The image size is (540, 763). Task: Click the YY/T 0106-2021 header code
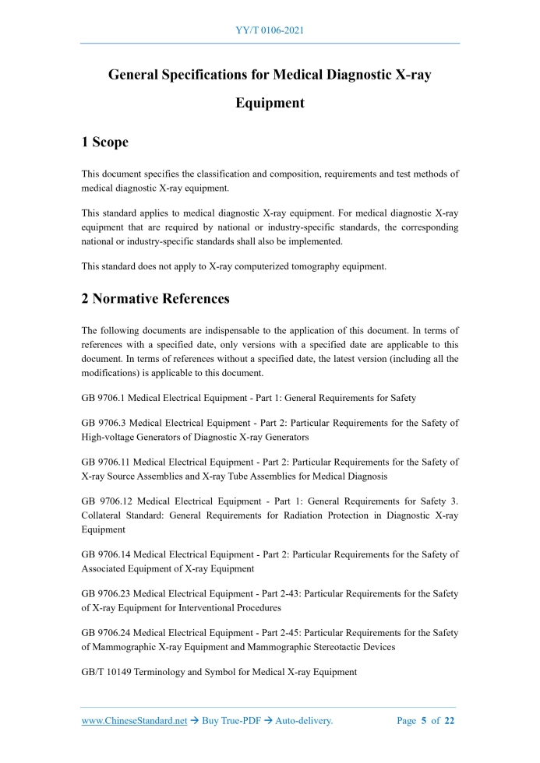pos(270,30)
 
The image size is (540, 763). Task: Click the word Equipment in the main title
pos(270,103)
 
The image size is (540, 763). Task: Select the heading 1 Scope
pos(105,142)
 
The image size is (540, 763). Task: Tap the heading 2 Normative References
pos(156,298)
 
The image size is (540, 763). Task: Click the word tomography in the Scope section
pos(306,266)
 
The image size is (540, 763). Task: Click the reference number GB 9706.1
pos(103,398)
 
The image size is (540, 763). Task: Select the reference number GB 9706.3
pos(103,423)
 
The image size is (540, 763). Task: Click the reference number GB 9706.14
pos(105,554)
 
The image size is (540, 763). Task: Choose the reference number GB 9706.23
pos(105,594)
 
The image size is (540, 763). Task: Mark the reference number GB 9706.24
pos(105,633)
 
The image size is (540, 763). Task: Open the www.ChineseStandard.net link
pos(134,721)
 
